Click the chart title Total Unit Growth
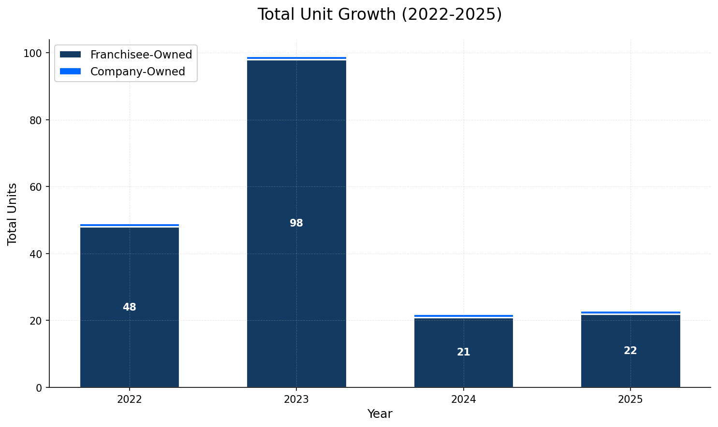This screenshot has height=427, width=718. [380, 14]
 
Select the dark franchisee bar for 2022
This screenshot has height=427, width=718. [130, 270]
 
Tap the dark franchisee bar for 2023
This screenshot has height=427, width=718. [296, 145]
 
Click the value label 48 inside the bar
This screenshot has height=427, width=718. [130, 307]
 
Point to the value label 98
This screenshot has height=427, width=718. [296, 224]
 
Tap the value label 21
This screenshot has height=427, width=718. [463, 353]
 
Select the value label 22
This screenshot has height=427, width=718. [630, 351]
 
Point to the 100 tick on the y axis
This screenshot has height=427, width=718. [33, 53]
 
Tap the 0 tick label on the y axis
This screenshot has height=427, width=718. [39, 388]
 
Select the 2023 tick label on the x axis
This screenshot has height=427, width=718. [296, 400]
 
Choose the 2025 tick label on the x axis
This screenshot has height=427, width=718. [630, 400]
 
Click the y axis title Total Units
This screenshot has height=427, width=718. [13, 213]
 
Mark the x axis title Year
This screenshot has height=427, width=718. [380, 414]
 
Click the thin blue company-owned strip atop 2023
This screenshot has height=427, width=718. [296, 58]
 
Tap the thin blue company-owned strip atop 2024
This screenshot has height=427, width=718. [463, 316]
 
